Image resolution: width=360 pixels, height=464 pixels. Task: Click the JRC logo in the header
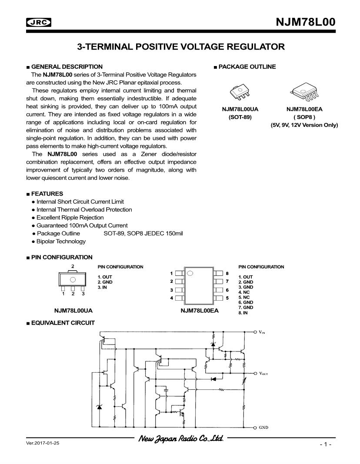38,23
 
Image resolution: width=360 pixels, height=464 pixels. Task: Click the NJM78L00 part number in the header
306,23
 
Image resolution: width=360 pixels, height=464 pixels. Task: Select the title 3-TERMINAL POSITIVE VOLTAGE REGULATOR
180,46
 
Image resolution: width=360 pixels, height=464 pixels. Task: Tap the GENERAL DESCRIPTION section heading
67,66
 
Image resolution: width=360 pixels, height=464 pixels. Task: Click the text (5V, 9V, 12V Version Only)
304,125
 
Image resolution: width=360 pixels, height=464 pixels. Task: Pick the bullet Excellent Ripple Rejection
70,217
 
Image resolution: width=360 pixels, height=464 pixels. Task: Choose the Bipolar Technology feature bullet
61,241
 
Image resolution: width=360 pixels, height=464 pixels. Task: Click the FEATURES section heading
47,193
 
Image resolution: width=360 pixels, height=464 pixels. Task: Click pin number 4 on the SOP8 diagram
172,298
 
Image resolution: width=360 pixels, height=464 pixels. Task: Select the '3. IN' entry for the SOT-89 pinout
102,287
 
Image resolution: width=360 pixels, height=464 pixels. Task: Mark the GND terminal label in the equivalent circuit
263,428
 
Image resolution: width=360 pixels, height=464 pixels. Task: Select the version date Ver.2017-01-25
43,444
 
